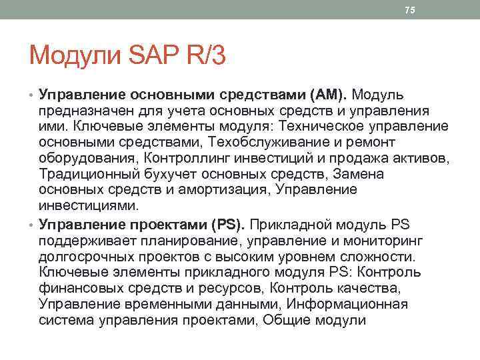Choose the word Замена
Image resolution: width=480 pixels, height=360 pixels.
[x=360, y=175]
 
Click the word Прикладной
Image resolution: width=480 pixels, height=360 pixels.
[x=293, y=223]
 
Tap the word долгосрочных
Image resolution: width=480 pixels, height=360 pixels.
[x=87, y=255]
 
